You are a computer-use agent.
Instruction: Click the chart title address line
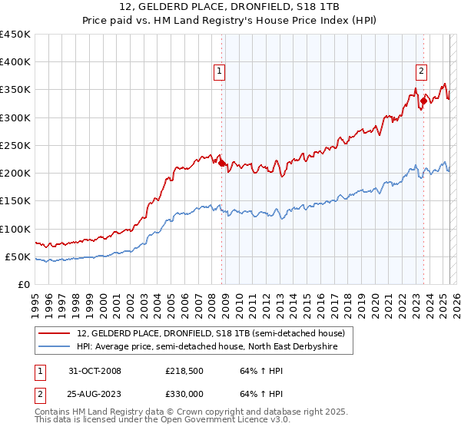[230, 6]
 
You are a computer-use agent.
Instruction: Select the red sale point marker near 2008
[222, 163]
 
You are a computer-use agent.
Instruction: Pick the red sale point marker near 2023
[423, 101]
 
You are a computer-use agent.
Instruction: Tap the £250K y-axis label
[15, 145]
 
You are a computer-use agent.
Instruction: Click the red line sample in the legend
[54, 334]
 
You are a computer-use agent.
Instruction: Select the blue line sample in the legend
[54, 347]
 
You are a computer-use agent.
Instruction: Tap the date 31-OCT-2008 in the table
[95, 372]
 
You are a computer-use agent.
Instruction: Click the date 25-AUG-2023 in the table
[95, 393]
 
